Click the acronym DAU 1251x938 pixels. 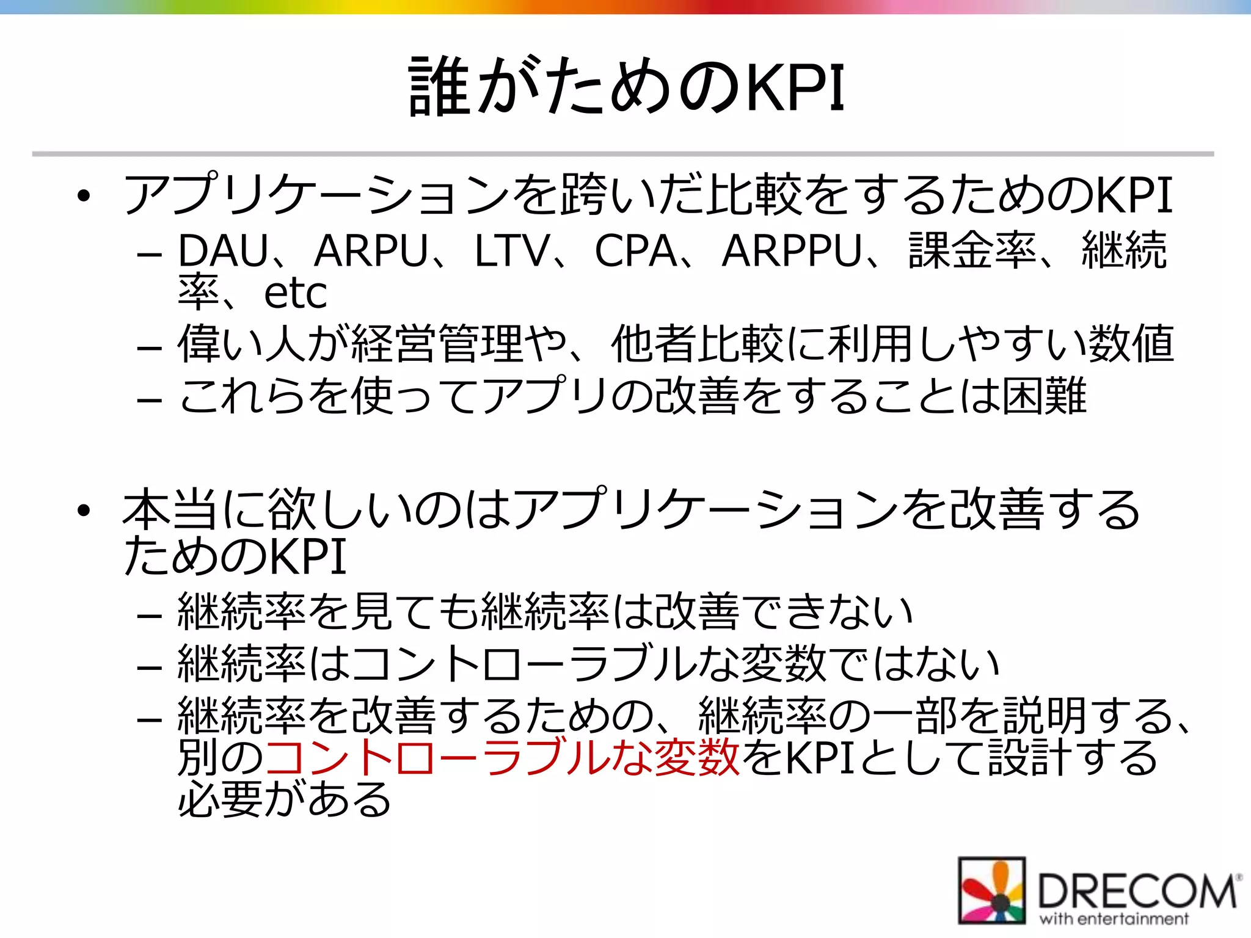[x=223, y=251]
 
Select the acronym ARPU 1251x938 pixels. [x=371, y=251]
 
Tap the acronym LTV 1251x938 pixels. [x=512, y=251]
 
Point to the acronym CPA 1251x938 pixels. [x=635, y=251]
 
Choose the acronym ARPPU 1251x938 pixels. [x=792, y=251]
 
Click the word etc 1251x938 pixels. [x=295, y=294]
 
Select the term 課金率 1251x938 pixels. [x=972, y=251]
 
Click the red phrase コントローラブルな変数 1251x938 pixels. [x=502, y=758]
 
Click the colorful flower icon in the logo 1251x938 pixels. [x=991, y=890]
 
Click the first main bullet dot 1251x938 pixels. [x=84, y=196]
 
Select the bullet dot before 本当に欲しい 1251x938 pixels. [x=84, y=511]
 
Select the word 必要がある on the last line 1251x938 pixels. [x=285, y=799]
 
